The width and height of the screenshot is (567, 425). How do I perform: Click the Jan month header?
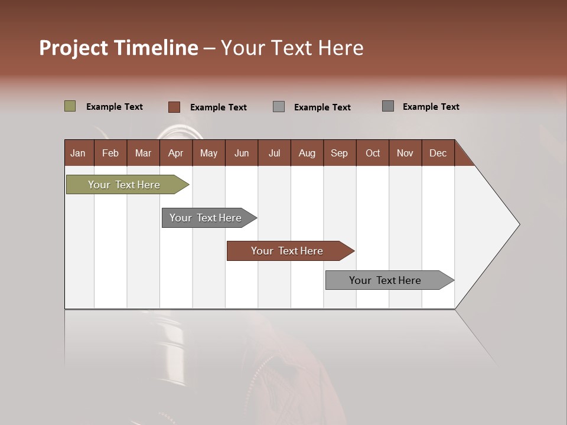coord(79,153)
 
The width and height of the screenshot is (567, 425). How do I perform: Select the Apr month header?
coord(176,153)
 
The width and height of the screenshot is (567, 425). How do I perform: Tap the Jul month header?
coord(274,153)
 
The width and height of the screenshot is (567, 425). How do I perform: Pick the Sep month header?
coord(340,153)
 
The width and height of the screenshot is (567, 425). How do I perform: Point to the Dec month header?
coord(438,153)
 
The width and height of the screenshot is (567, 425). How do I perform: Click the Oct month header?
coord(373,153)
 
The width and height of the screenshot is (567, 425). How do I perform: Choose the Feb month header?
coord(110,153)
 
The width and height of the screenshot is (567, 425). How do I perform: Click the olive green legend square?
coord(70,106)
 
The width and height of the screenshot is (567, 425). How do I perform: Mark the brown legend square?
coord(174,107)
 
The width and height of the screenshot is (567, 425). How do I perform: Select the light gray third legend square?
coord(279,107)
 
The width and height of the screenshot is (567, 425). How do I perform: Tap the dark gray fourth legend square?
coord(387,106)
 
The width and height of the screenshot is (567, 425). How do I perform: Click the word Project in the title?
coord(74,48)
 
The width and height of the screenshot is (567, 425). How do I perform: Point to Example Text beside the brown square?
coord(219,107)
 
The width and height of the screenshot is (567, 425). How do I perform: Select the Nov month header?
coord(405,153)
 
